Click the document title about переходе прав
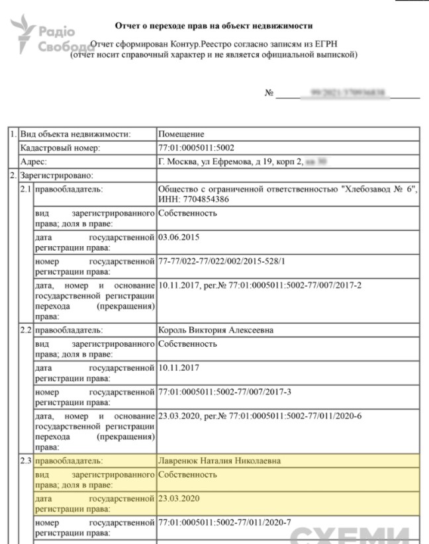point(213,26)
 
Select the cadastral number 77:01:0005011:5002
point(196,148)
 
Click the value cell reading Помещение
point(181,134)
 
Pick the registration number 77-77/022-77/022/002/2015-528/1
point(222,261)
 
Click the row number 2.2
point(26,330)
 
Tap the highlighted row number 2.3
point(26,461)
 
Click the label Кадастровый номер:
point(60,148)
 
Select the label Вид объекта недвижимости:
point(74,134)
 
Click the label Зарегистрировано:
point(56,175)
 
